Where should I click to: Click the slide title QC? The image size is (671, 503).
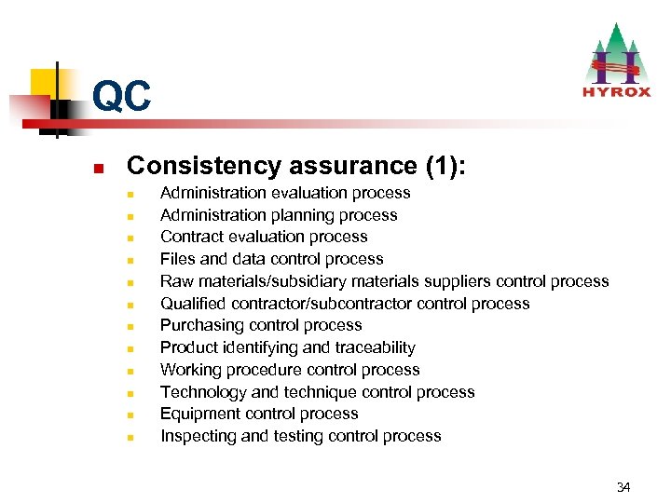pyautogui.click(x=121, y=96)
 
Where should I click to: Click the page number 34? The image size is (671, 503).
pyautogui.click(x=623, y=487)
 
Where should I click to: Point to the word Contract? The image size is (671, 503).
pyautogui.click(x=190, y=237)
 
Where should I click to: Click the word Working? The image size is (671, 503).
pyautogui.click(x=190, y=370)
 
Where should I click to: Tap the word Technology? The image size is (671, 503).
pyautogui.click(x=201, y=392)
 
